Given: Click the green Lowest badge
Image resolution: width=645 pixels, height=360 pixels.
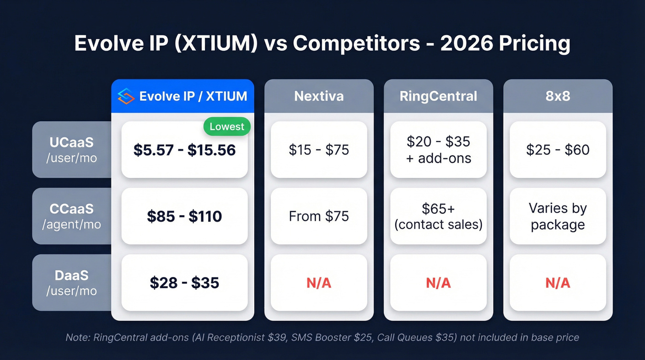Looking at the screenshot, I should coord(227,127).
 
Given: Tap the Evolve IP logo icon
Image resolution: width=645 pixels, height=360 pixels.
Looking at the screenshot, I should coord(126,96).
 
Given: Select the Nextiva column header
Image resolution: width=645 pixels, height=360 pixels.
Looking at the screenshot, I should coord(319,96).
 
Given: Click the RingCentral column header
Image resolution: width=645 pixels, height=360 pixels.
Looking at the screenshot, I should coord(438,96).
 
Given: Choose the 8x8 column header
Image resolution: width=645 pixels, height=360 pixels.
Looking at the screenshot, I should coord(557,96).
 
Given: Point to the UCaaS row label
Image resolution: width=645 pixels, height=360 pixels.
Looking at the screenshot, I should coord(71,149).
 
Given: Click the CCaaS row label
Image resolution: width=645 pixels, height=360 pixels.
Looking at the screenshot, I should coord(71,216).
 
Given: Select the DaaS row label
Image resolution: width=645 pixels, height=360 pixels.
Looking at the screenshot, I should coord(71,282).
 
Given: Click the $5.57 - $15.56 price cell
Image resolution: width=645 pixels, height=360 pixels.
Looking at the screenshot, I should coord(184,150).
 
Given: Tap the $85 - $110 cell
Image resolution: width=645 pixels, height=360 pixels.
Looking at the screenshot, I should coord(184,216).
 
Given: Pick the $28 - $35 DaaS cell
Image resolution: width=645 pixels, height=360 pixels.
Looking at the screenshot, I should coord(184,283).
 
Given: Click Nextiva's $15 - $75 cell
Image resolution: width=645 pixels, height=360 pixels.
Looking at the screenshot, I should coord(319,150).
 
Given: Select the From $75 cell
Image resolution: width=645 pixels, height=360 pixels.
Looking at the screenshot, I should coord(319,216).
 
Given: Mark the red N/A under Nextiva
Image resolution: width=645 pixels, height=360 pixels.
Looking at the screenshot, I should coord(319,283).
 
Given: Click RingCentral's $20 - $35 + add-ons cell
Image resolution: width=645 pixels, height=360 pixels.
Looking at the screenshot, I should coord(438,150).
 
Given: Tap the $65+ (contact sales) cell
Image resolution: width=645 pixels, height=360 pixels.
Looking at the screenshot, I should coord(438,216).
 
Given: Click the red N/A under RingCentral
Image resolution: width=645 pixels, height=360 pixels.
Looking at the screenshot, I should coord(438,283).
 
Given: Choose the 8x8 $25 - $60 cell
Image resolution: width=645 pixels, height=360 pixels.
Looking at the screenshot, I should coord(557,150).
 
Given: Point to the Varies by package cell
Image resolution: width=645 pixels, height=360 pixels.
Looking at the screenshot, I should coord(557,216).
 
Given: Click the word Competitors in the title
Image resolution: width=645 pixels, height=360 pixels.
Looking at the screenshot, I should coord(356,44).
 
